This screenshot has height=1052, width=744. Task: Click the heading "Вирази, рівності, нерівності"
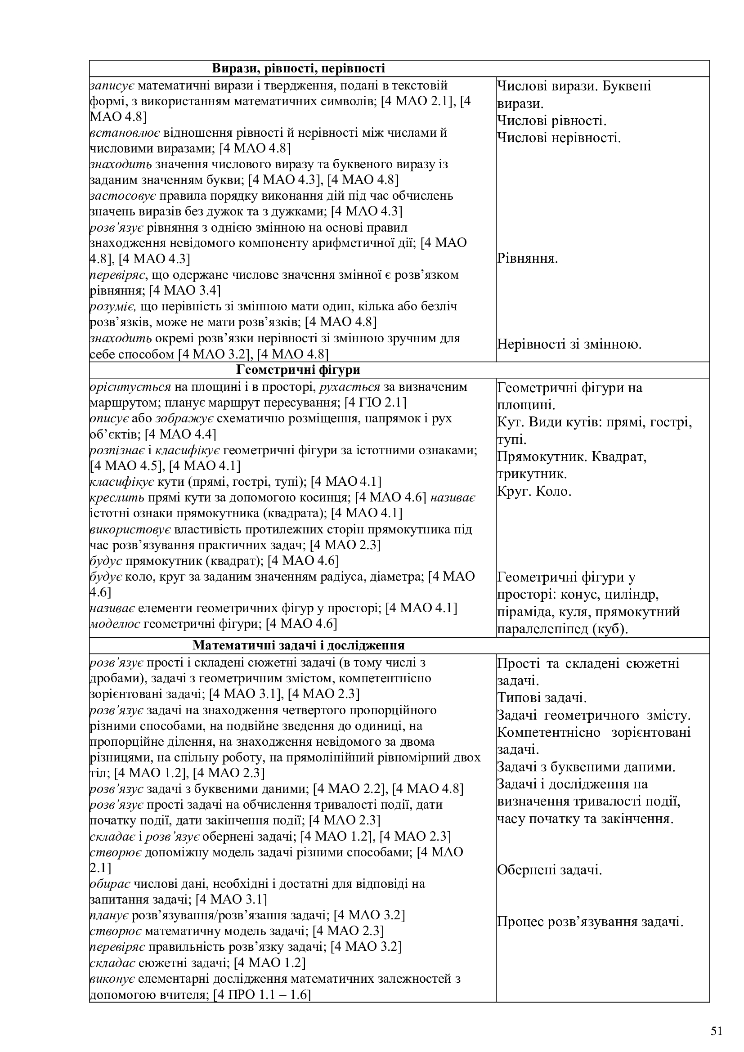(x=298, y=69)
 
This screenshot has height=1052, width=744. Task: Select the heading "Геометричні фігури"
(x=298, y=370)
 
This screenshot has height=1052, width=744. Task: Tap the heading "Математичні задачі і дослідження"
(x=298, y=645)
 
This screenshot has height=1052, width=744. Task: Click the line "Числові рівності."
(x=551, y=121)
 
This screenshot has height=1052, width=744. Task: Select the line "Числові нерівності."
(x=559, y=138)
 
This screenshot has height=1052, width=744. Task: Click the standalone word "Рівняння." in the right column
(x=527, y=259)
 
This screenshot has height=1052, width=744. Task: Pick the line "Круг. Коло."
(x=534, y=492)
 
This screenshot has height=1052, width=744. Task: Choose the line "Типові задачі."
(x=542, y=698)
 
